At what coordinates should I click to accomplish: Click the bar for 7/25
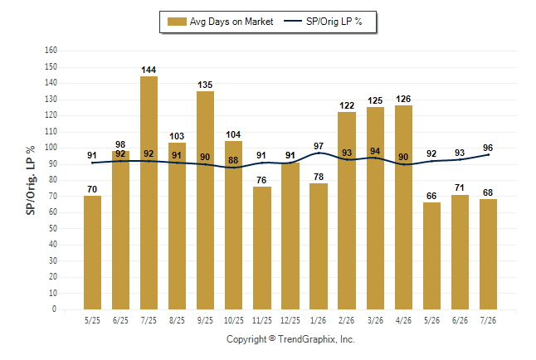pyautogui.click(x=149, y=192)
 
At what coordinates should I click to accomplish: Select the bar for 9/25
pyautogui.click(x=205, y=201)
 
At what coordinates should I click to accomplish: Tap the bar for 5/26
pyautogui.click(x=431, y=255)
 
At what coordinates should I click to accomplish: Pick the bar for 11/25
pyautogui.click(x=262, y=248)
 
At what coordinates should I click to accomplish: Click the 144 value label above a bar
pyautogui.click(x=149, y=70)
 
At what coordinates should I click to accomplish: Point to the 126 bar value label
pyautogui.click(x=403, y=100)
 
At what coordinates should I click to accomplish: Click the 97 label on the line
pyautogui.click(x=319, y=146)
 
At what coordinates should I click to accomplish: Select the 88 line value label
pyautogui.click(x=233, y=160)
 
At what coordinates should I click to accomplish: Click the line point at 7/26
pyautogui.click(x=488, y=155)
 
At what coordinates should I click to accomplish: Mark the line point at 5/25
pyautogui.click(x=92, y=163)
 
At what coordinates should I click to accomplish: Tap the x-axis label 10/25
pyautogui.click(x=234, y=321)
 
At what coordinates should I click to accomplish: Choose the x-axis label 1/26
pyautogui.click(x=319, y=321)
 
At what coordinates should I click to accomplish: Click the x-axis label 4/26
pyautogui.click(x=403, y=321)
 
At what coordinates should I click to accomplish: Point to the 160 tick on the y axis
pyautogui.click(x=51, y=51)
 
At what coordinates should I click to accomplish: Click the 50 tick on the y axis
pyautogui.click(x=52, y=228)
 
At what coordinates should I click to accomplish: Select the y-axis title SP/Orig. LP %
pyautogui.click(x=31, y=181)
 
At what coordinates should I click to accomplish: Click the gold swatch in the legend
pyautogui.click(x=177, y=22)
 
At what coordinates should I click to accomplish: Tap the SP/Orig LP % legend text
pyautogui.click(x=334, y=22)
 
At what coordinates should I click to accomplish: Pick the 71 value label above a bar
pyautogui.click(x=460, y=188)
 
